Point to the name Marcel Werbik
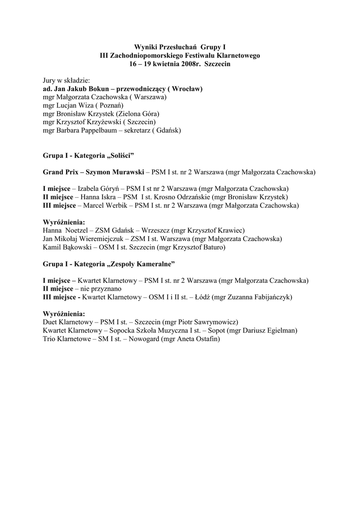[102, 205]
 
